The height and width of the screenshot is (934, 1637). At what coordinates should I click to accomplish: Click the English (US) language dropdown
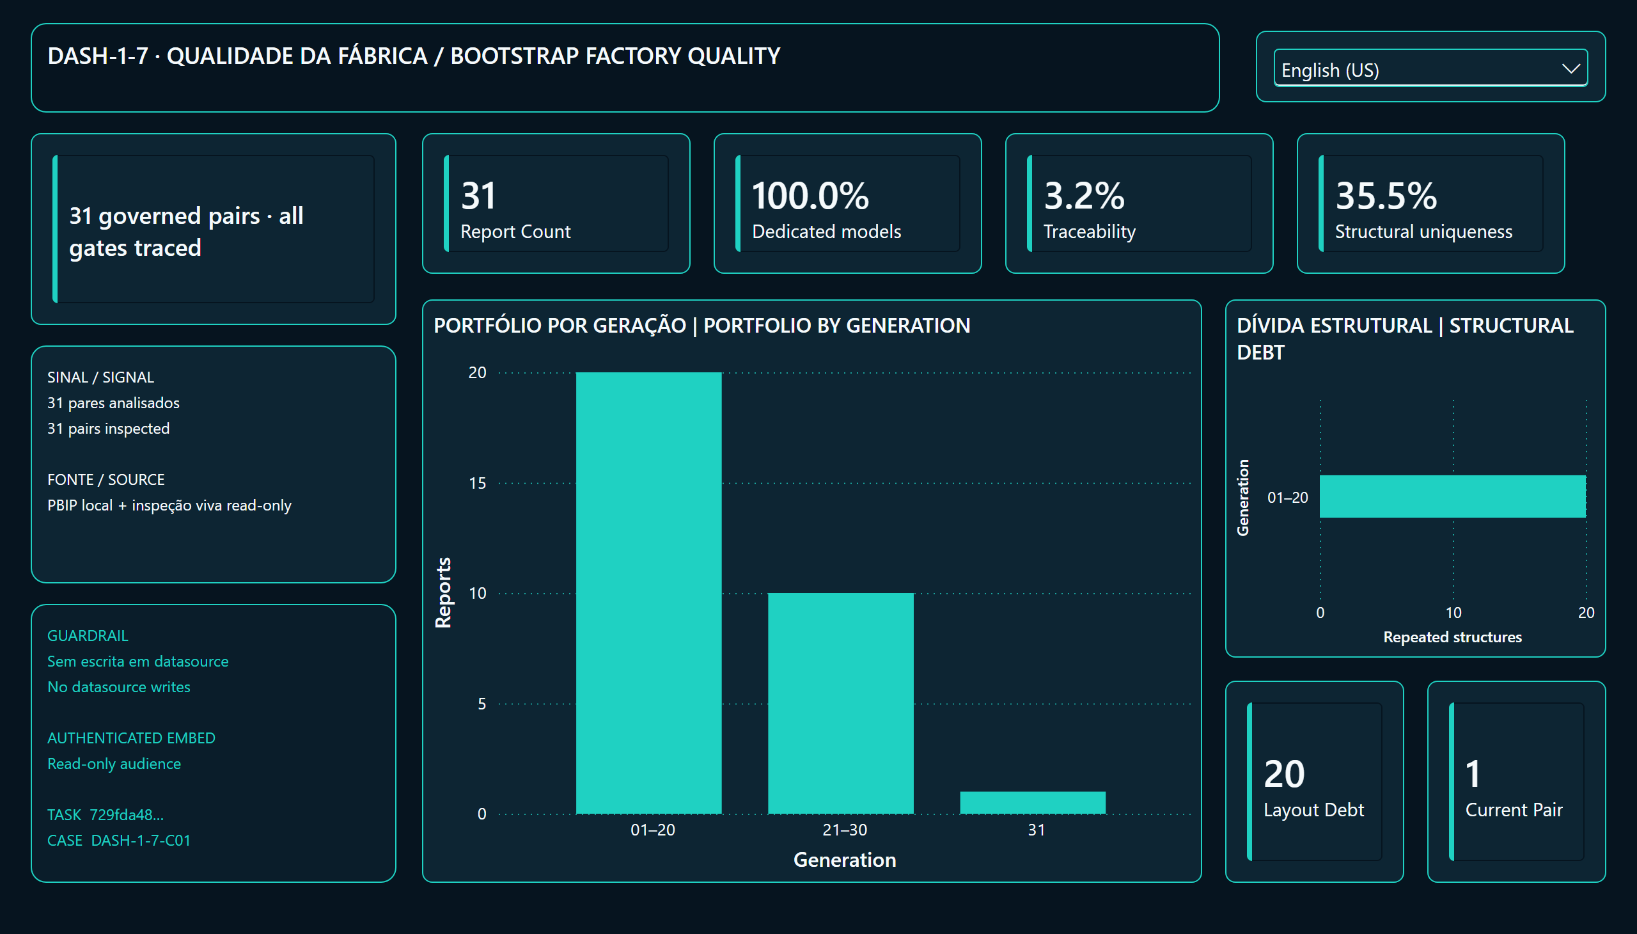click(1430, 67)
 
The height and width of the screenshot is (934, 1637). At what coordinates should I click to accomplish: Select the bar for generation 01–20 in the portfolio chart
click(648, 593)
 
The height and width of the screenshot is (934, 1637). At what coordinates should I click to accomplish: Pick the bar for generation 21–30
click(840, 703)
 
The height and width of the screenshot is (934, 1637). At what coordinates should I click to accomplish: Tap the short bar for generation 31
click(1031, 802)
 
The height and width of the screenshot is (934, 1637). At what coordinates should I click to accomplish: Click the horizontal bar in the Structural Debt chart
click(1452, 496)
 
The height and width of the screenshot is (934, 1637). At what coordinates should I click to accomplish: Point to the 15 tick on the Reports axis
click(477, 482)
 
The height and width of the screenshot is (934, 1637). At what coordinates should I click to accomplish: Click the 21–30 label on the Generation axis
click(845, 830)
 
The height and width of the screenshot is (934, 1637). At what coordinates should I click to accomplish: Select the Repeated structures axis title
click(1452, 637)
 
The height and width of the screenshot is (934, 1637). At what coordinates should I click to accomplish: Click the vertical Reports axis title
click(443, 592)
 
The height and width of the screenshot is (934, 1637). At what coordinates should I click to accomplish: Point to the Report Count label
click(515, 231)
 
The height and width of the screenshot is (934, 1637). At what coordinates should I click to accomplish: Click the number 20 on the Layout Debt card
click(1283, 773)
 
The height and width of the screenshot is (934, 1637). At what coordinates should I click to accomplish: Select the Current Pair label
click(1513, 809)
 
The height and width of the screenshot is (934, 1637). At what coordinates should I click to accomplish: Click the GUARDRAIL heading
click(88, 635)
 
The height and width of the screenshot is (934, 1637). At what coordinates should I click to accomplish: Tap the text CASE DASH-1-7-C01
click(119, 840)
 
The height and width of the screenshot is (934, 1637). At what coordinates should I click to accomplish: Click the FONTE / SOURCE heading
click(106, 479)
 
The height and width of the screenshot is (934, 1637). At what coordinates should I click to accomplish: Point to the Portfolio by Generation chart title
click(701, 325)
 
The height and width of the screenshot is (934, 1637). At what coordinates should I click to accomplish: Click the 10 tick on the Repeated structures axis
click(1453, 613)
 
